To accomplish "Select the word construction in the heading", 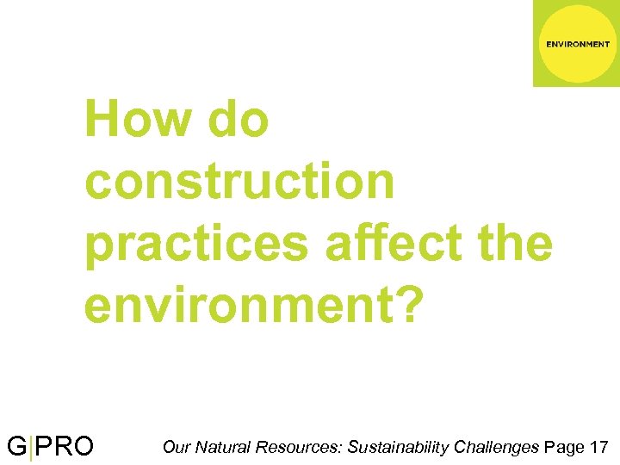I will [x=239, y=183].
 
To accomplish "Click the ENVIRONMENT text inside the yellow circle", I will [x=578, y=44].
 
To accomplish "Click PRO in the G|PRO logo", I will [x=65, y=447].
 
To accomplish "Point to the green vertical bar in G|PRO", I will [x=31, y=448].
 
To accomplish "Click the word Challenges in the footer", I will [x=497, y=448].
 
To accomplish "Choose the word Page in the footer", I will [x=564, y=448].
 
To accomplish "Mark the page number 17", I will [x=600, y=447].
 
